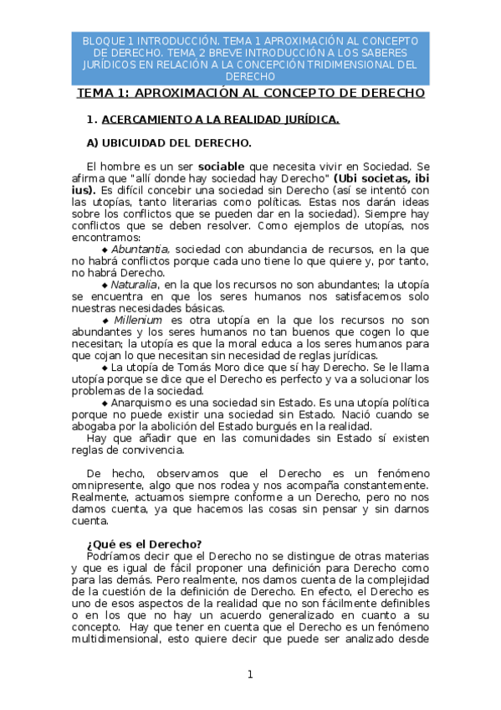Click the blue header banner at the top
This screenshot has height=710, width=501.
click(x=251, y=58)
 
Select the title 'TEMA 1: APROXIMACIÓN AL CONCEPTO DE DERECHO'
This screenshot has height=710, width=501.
click(x=251, y=93)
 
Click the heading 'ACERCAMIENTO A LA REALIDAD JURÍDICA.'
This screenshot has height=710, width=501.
click(x=220, y=119)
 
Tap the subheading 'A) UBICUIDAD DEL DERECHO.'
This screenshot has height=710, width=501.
click(x=175, y=142)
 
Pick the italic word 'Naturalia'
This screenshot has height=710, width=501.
click(x=134, y=285)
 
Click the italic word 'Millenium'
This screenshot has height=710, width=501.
click(x=139, y=320)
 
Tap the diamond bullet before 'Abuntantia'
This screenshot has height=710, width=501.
click(x=105, y=250)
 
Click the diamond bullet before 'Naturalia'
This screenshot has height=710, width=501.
click(x=105, y=286)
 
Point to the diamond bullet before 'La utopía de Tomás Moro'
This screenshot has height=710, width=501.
click(x=105, y=368)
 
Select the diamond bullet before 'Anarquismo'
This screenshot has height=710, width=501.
click(x=105, y=403)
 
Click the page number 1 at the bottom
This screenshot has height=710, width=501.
click(x=249, y=675)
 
